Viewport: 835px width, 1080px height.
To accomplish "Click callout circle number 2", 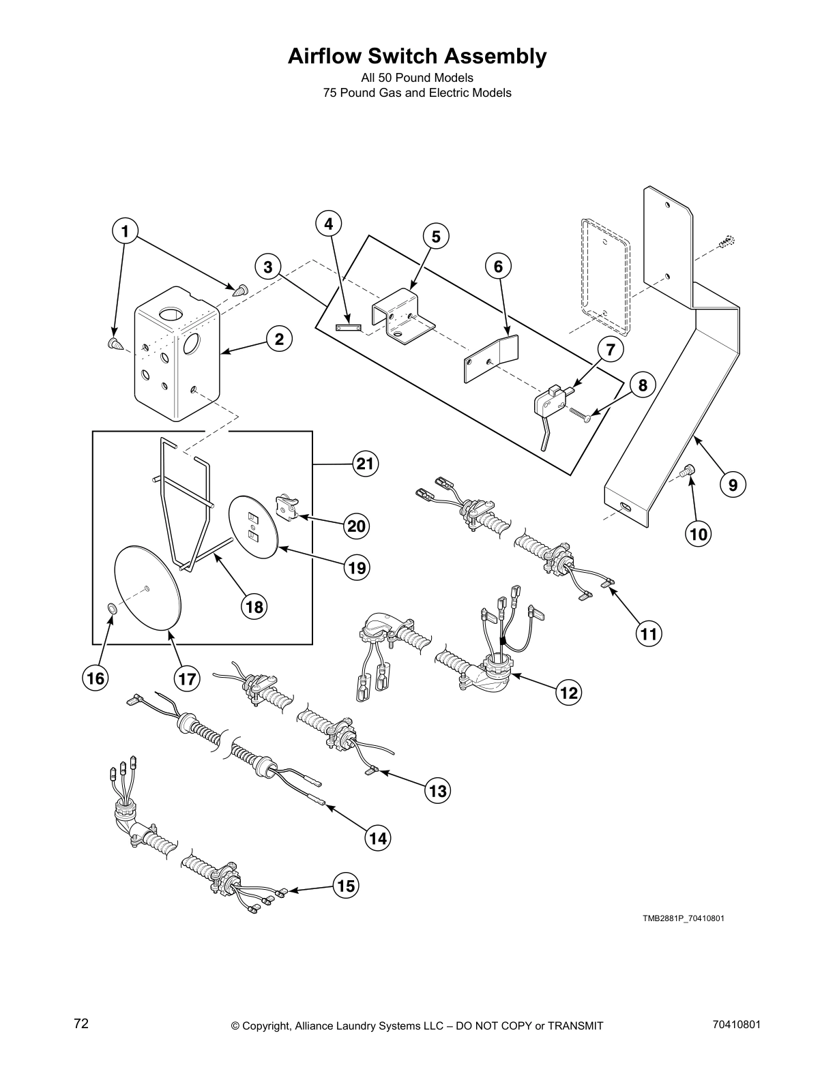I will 279,338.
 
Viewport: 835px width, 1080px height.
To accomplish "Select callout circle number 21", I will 366,464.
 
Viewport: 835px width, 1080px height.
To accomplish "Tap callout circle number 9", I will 732,485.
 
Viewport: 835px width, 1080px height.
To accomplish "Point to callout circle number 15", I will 346,886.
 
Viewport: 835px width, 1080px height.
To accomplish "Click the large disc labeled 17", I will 147,587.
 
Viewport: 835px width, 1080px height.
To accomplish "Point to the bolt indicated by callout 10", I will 688,469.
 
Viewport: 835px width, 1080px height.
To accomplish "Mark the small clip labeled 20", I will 286,508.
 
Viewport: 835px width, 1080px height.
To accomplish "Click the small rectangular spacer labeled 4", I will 348,327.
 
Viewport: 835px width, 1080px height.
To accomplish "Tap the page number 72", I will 81,1024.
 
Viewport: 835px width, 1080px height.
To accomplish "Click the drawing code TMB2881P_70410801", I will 682,918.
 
